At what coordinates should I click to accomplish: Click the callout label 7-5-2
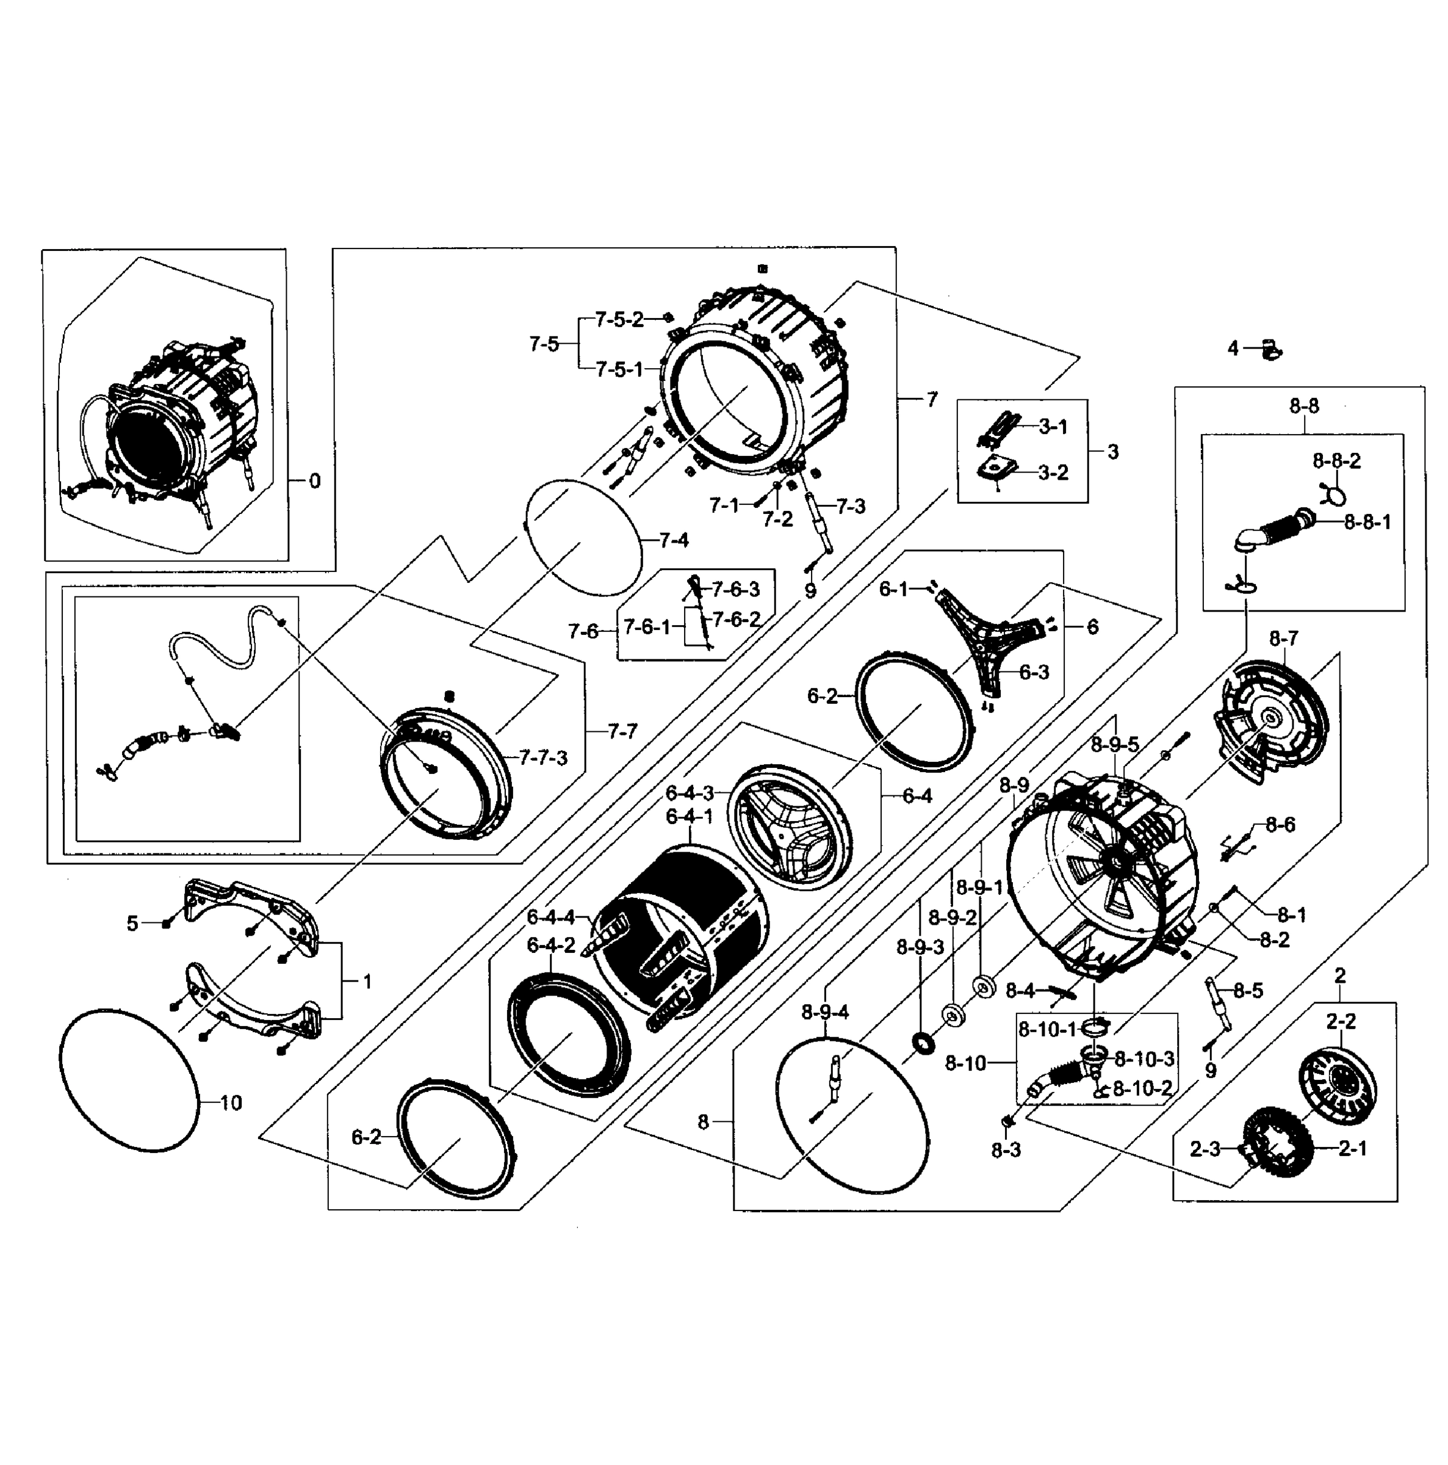619,320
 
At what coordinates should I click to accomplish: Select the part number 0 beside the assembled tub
315,481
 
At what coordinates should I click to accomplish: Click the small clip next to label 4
1270,350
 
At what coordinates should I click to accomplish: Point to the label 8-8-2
1336,460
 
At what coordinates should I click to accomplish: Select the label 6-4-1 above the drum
689,817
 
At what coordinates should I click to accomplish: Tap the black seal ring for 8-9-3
924,1043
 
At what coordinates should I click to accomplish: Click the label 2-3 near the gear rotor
1205,1149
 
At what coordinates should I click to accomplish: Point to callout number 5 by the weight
132,923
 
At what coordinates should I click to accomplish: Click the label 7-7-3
543,758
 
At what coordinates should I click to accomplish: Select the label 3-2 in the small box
1053,472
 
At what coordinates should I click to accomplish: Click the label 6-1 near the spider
893,589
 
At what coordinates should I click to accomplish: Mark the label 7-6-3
735,589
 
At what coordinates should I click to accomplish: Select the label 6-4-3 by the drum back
689,793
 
